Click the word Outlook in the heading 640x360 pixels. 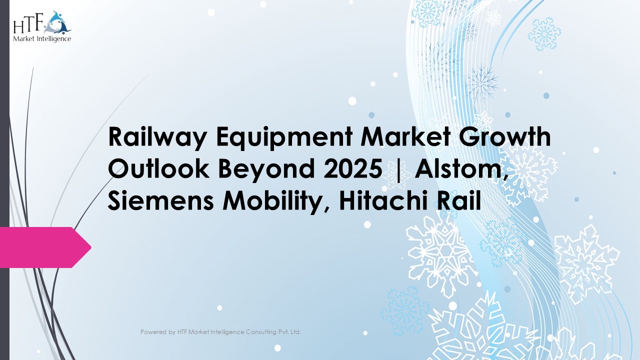coord(158,169)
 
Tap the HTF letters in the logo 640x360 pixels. coord(29,24)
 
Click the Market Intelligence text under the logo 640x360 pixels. coord(42,38)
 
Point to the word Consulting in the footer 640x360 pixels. coord(262,332)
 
